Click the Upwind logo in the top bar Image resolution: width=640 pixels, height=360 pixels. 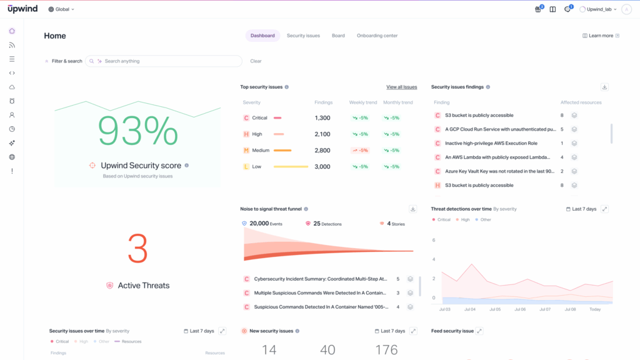(22, 9)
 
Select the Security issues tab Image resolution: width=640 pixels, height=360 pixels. (303, 36)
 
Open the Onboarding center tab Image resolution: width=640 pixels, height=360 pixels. (377, 36)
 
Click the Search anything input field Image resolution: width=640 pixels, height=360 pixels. (169, 61)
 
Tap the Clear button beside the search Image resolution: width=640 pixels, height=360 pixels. (256, 61)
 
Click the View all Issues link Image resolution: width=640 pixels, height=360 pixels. (401, 87)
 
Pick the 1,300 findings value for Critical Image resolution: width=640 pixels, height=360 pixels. (322, 118)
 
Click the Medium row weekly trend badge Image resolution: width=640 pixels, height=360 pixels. (360, 151)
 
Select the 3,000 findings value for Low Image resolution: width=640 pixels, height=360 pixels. (322, 167)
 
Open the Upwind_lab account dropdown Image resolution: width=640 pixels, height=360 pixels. (598, 9)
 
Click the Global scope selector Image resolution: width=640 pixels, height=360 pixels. (61, 9)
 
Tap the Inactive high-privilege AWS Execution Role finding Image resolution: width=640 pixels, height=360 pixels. (491, 144)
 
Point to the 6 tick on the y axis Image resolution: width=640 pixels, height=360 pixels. (433, 240)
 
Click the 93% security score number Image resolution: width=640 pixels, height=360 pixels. (137, 131)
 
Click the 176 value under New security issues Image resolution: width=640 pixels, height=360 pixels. (386, 350)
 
